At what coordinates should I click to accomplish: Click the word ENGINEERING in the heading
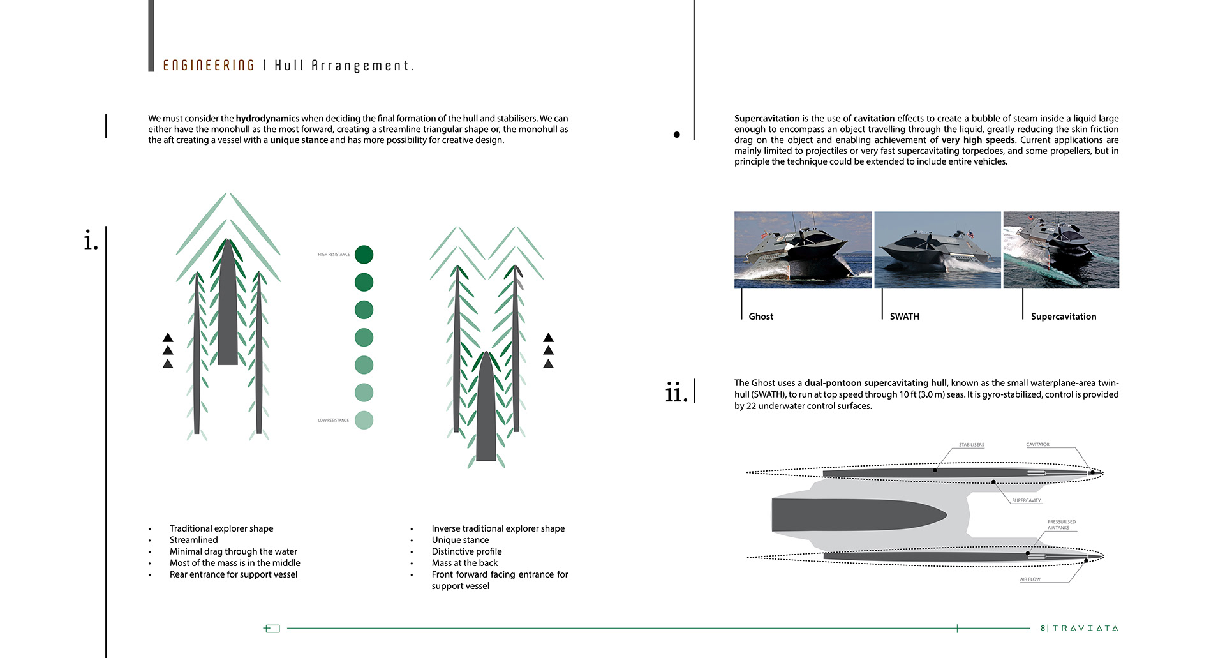point(209,66)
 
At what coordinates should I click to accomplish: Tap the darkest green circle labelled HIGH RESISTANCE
point(364,255)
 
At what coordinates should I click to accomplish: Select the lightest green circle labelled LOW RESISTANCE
point(364,420)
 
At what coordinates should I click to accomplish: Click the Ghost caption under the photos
point(761,317)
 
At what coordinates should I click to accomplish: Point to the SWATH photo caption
point(904,317)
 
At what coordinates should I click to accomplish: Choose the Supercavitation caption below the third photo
point(1064,317)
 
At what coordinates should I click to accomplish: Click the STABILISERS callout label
point(971,445)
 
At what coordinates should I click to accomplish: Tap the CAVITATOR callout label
point(1037,445)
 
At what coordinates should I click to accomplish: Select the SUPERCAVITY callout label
point(1026,501)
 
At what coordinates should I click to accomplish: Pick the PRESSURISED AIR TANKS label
point(1061,525)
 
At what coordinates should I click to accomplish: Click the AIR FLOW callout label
point(1030,579)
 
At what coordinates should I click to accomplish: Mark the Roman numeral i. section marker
point(91,241)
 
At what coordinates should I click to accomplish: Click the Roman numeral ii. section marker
point(676,393)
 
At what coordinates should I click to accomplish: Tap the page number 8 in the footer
point(1043,628)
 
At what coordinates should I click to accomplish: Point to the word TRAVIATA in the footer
point(1085,628)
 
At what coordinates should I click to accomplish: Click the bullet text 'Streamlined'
point(193,540)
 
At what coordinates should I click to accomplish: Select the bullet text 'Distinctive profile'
point(466,551)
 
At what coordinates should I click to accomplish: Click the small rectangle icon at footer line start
point(272,629)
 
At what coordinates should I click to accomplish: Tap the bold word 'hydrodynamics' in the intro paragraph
point(267,119)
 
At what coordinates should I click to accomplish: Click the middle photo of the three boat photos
point(937,250)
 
